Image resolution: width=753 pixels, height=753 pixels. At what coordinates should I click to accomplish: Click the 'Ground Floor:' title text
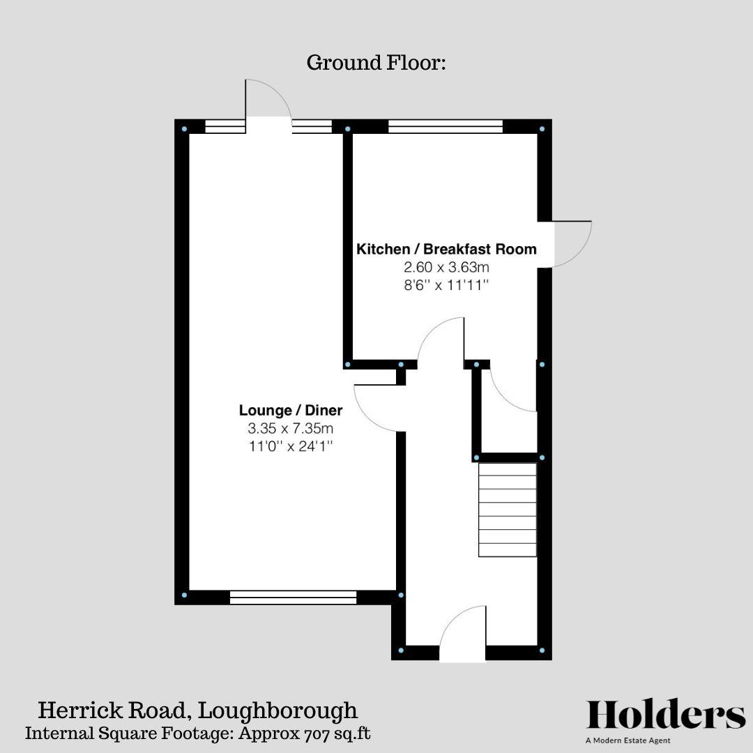click(x=376, y=63)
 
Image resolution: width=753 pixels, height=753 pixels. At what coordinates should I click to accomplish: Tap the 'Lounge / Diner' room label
click(x=291, y=410)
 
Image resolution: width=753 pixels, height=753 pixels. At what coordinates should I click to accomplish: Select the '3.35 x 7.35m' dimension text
click(x=291, y=428)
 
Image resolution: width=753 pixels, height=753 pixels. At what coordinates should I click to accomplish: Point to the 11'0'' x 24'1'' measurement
click(x=291, y=446)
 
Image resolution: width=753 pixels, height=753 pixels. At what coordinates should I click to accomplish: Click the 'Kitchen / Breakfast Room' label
click(x=446, y=249)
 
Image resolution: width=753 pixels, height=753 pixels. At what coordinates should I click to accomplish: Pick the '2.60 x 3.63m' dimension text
click(x=446, y=267)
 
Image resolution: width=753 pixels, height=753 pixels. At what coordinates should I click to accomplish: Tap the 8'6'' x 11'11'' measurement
click(x=446, y=285)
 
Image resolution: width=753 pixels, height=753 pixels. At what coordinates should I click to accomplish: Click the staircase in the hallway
click(x=507, y=510)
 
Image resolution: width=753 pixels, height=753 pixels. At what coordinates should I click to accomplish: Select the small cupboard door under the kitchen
click(x=512, y=390)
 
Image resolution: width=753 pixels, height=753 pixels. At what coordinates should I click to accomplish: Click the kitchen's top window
click(x=445, y=126)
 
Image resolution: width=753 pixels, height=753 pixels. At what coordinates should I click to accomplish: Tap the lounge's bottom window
click(x=293, y=597)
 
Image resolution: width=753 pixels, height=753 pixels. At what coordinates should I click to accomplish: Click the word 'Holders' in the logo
click(x=666, y=715)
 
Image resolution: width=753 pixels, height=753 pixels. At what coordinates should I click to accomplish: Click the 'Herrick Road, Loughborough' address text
click(x=197, y=710)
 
